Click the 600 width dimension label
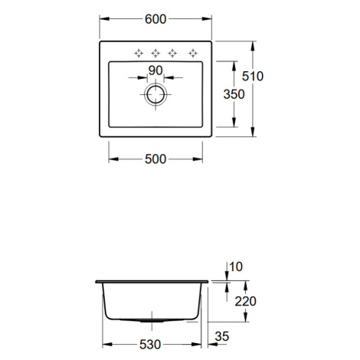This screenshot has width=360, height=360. coord(155,19)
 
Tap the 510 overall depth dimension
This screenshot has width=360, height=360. coord(253,76)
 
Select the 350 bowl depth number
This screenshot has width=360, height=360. coord(234,94)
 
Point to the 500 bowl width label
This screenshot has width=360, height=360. coord(155,159)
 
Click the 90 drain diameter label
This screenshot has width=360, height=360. coord(155,70)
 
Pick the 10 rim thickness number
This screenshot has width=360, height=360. coord(236,267)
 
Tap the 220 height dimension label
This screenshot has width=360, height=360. coord(245,301)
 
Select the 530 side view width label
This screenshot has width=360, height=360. coord(150,345)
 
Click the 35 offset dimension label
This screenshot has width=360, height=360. coord(222,336)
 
